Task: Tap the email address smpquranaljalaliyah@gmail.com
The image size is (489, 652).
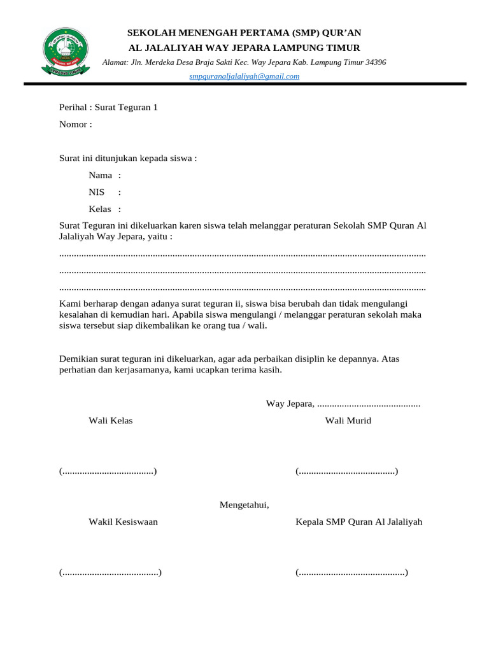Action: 244,76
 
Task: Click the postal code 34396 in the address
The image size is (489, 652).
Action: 373,62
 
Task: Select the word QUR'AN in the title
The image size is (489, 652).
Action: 341,33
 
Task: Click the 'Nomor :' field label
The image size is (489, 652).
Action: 76,124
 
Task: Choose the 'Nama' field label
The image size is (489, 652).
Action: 101,175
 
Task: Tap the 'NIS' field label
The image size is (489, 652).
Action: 97,192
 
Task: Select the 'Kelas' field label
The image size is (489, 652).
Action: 101,209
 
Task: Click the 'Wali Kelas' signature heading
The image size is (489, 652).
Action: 111,420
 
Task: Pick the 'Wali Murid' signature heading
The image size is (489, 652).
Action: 348,420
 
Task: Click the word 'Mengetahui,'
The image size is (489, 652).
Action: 244,505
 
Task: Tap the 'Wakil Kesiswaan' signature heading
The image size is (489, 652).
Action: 124,521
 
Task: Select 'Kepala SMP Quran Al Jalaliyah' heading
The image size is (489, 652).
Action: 358,521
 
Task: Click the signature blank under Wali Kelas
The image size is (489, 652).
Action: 108,471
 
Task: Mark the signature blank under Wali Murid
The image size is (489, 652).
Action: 347,471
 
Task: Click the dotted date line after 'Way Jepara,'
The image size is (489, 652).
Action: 368,404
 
